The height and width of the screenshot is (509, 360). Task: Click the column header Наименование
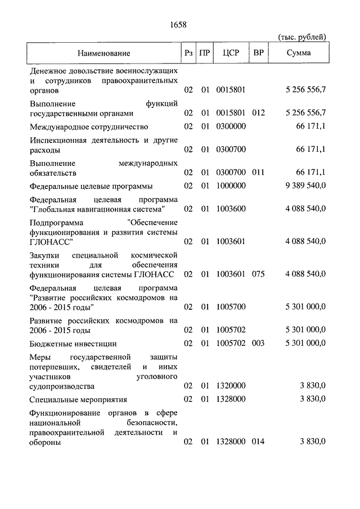click(103, 53)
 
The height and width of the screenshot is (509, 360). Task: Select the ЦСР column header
click(231, 53)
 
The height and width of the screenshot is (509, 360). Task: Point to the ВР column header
click(259, 53)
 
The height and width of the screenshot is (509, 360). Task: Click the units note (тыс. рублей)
click(302, 37)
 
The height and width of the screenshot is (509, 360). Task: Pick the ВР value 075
click(258, 274)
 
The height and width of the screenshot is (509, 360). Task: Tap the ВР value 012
click(258, 112)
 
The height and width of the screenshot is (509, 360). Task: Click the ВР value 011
click(258, 173)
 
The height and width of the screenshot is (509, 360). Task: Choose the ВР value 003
click(258, 343)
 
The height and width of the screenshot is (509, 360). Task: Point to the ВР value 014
click(258, 442)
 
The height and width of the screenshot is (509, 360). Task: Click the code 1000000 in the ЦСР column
click(231, 186)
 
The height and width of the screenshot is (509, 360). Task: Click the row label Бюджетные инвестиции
click(73, 343)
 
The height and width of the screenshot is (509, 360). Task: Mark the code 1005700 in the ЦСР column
click(231, 307)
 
